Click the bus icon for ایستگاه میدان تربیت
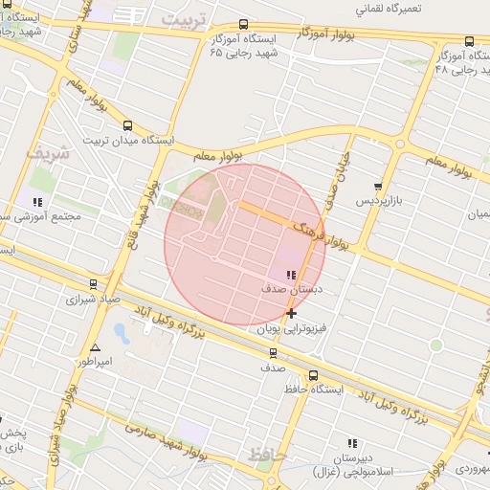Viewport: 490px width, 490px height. [x=128, y=125]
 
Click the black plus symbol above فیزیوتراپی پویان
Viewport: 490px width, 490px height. [x=291, y=313]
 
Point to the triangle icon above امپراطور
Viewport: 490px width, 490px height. [x=95, y=347]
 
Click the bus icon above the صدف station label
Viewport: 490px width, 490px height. [x=273, y=353]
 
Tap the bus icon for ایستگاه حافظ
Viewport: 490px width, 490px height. [x=314, y=374]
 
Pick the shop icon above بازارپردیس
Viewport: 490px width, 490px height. [x=379, y=188]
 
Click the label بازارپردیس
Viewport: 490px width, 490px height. [x=376, y=202]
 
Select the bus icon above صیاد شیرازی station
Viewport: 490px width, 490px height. [x=93, y=284]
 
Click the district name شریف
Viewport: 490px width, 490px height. [x=48, y=153]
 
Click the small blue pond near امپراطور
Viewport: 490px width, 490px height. [x=122, y=333]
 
